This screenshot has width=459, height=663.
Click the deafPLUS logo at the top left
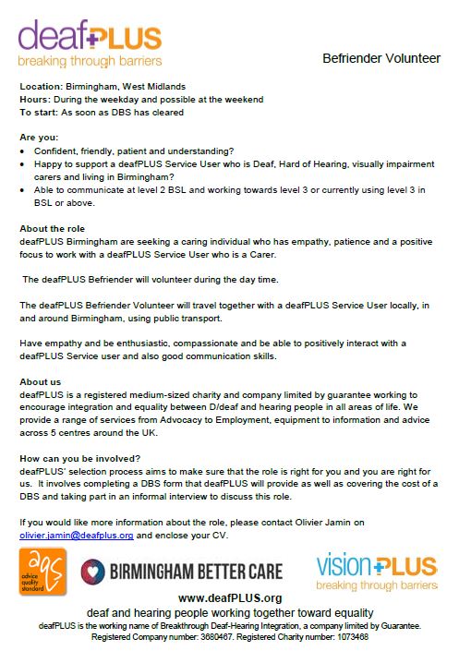[91, 44]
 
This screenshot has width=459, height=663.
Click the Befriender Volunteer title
[381, 58]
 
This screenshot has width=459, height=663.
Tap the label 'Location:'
[40, 86]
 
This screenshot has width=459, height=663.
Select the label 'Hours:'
[35, 99]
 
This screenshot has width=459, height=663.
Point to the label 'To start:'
[39, 112]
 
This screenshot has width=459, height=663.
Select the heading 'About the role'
[54, 228]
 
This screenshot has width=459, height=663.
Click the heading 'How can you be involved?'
[80, 457]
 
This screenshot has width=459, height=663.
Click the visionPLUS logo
[375, 571]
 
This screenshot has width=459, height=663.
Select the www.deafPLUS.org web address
[229, 597]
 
